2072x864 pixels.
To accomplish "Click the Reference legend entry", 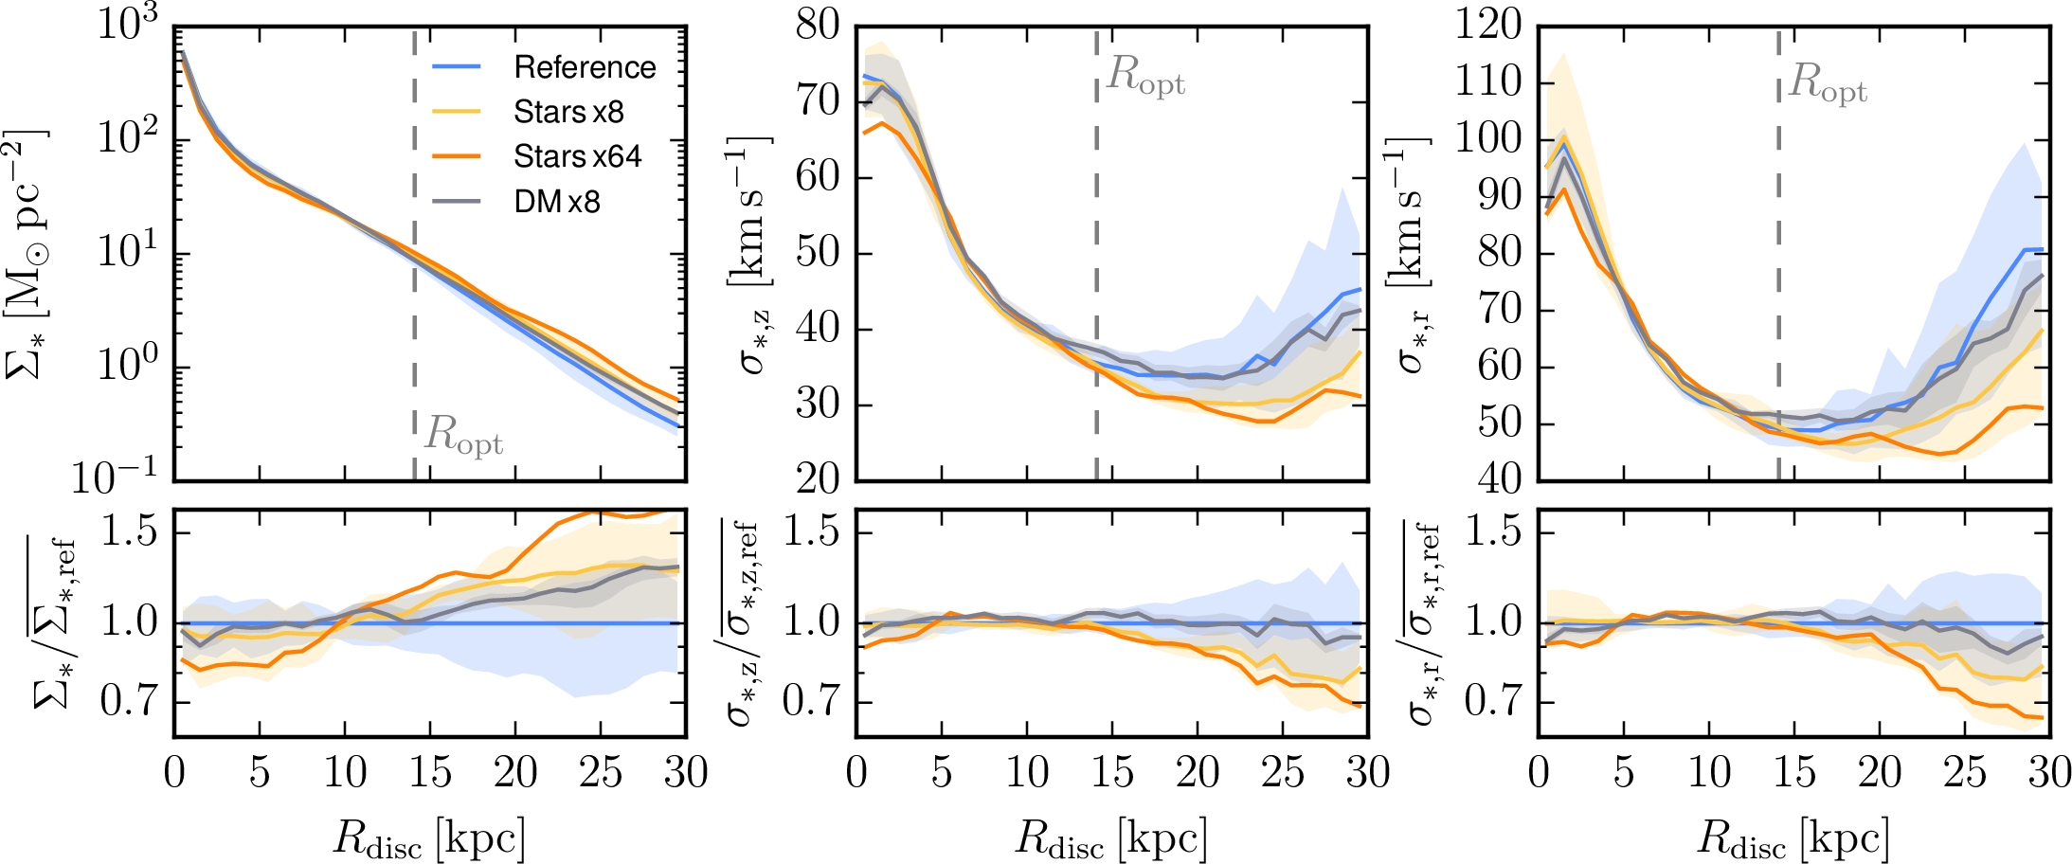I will [x=585, y=67].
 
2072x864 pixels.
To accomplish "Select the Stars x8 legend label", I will [x=568, y=112].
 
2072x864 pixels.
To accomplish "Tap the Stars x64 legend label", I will [x=577, y=156].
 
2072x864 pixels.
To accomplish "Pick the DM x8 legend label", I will [x=557, y=201].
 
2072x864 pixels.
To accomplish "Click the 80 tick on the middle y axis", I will [x=818, y=26].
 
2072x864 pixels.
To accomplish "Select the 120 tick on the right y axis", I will [x=1487, y=26].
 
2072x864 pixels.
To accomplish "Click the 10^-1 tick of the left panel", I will [x=115, y=477].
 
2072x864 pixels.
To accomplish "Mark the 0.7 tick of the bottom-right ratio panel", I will [x=1492, y=702].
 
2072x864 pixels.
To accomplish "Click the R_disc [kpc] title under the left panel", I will [x=429, y=838].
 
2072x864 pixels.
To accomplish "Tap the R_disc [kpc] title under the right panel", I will [x=1793, y=838].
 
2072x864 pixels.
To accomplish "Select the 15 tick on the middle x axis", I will [x=1112, y=773].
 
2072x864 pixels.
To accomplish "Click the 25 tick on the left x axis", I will [x=601, y=773].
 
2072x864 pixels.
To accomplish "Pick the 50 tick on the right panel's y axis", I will [x=1500, y=423].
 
